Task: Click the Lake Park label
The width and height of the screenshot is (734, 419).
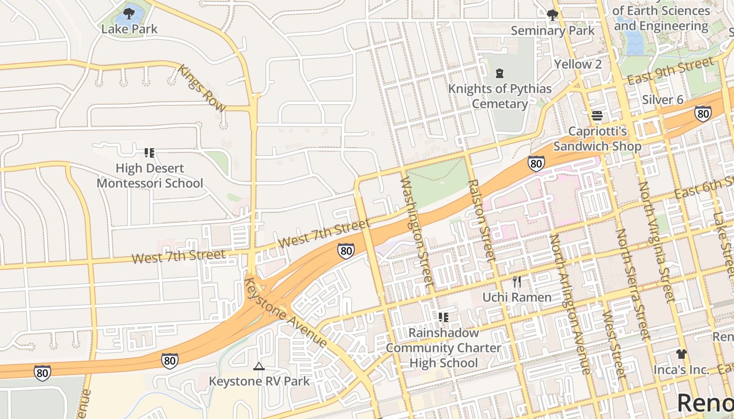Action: point(129,29)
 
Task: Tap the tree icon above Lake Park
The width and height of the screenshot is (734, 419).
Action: point(129,12)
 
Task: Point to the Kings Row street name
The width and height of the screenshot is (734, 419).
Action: point(202,88)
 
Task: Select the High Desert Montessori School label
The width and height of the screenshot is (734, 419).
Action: point(149,175)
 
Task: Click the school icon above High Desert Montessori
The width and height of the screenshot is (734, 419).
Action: point(149,153)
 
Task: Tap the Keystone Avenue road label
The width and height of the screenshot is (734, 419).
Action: point(286,313)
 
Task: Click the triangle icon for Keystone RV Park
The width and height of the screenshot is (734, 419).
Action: point(259,366)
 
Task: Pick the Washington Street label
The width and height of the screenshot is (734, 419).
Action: point(417,231)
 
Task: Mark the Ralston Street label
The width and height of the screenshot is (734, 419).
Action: point(481,220)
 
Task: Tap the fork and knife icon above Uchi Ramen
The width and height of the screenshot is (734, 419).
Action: point(517,282)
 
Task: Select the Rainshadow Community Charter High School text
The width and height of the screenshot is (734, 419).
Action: point(444,348)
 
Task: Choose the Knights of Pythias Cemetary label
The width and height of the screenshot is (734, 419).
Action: point(500,96)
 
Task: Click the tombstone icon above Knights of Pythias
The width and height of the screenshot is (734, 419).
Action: point(500,73)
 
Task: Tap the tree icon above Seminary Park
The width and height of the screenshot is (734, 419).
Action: point(552,15)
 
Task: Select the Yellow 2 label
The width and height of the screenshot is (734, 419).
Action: point(578,64)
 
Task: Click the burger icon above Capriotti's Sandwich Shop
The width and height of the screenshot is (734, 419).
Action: point(597,116)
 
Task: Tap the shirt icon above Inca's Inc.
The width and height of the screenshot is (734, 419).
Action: point(681,354)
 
